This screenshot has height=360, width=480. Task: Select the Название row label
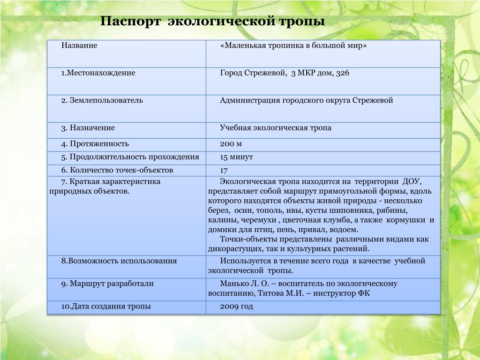click(x=79, y=46)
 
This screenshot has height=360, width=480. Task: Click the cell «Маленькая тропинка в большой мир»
click(x=293, y=46)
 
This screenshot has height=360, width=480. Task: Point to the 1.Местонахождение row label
click(x=98, y=73)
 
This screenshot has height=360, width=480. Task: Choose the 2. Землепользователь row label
click(x=102, y=100)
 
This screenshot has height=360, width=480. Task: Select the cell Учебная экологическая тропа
click(x=276, y=127)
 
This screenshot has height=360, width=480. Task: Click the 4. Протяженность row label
click(x=95, y=144)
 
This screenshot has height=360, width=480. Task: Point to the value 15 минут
click(x=237, y=157)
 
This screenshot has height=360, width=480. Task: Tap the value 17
click(x=224, y=170)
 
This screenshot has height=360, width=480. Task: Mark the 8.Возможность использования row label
click(x=119, y=261)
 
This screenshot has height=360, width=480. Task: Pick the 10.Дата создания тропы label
click(x=106, y=307)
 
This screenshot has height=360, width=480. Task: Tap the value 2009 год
click(x=236, y=307)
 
